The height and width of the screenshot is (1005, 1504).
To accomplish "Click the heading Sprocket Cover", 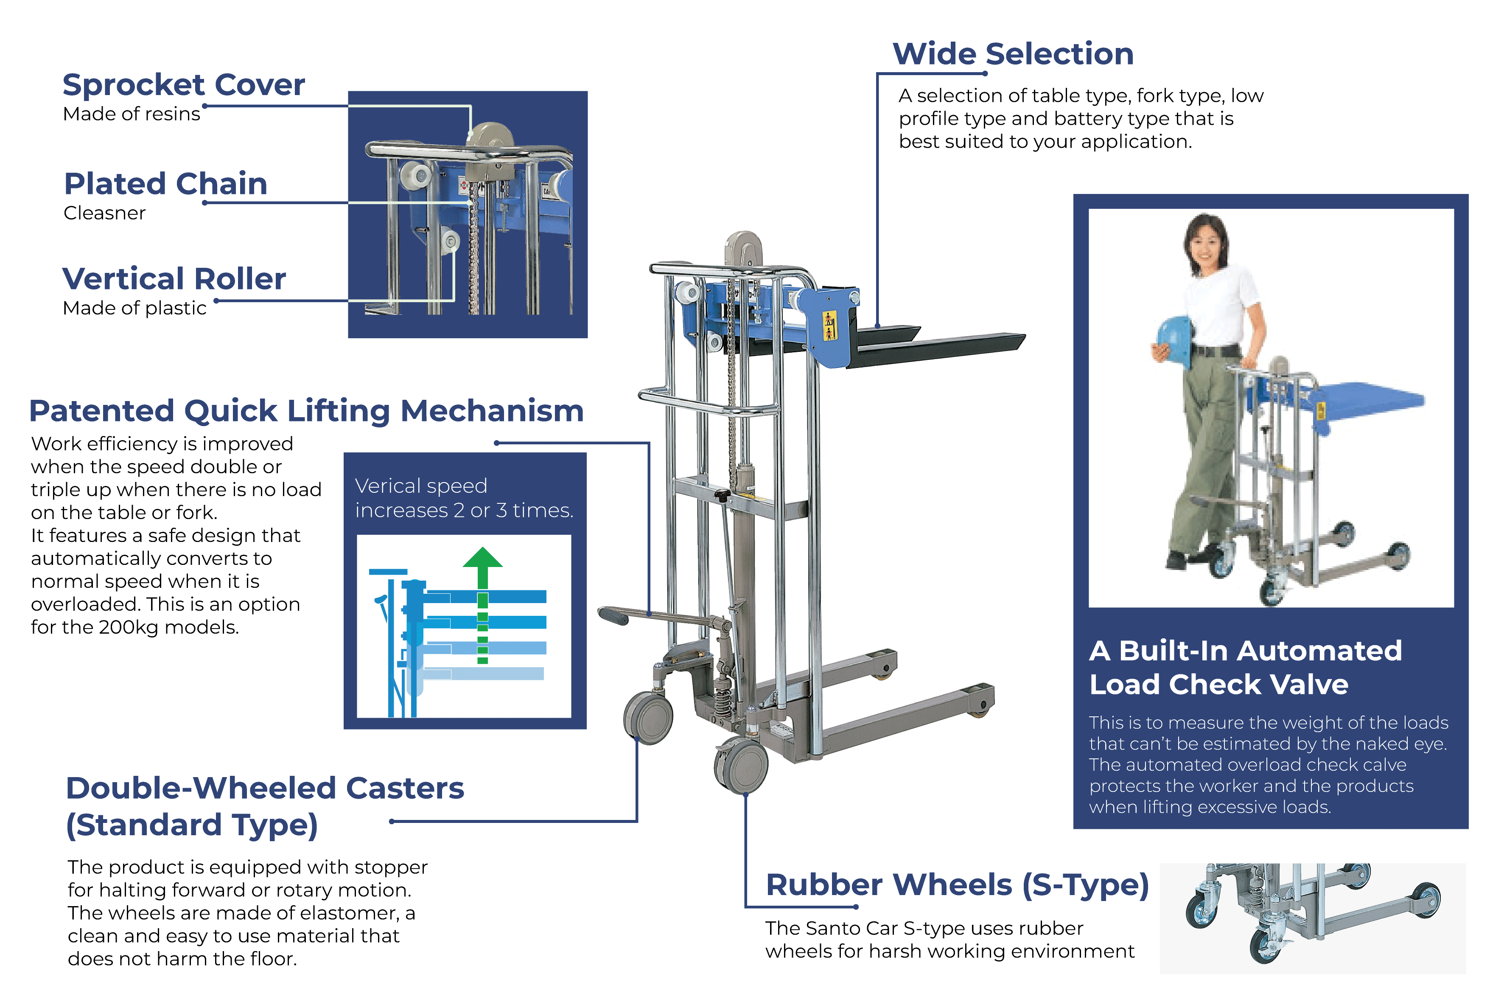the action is pyautogui.click(x=184, y=84).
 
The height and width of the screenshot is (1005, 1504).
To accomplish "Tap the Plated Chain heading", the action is pyautogui.click(x=166, y=184).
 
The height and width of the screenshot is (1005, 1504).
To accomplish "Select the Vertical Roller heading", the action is pyautogui.click(x=174, y=279).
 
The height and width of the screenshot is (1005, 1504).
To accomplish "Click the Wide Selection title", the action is pyautogui.click(x=1013, y=54).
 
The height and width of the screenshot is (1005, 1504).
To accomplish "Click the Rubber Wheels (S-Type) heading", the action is pyautogui.click(x=958, y=885).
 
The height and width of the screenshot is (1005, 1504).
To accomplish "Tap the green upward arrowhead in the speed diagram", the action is pyautogui.click(x=482, y=558).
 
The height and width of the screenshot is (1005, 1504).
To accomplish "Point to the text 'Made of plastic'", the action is pyautogui.click(x=134, y=308).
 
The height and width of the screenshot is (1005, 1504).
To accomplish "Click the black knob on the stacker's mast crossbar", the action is pyautogui.click(x=722, y=496).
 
